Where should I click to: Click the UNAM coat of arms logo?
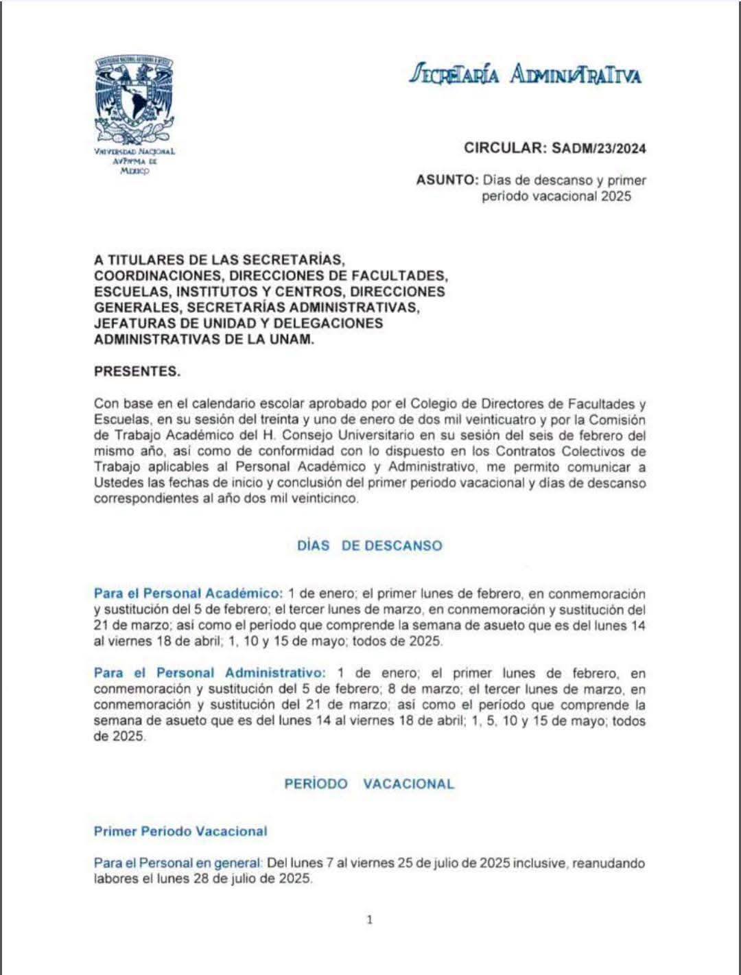135,98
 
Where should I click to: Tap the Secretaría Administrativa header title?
526,74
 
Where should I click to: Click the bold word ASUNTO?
446,180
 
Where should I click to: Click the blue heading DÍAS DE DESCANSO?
370,546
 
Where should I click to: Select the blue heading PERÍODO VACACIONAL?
370,784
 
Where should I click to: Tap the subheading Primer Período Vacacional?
180,832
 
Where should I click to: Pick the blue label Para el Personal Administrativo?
209,673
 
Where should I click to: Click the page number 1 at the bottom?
370,920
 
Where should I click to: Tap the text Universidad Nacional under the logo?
135,151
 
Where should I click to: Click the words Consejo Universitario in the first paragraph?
357,436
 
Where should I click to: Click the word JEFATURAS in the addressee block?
133,323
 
